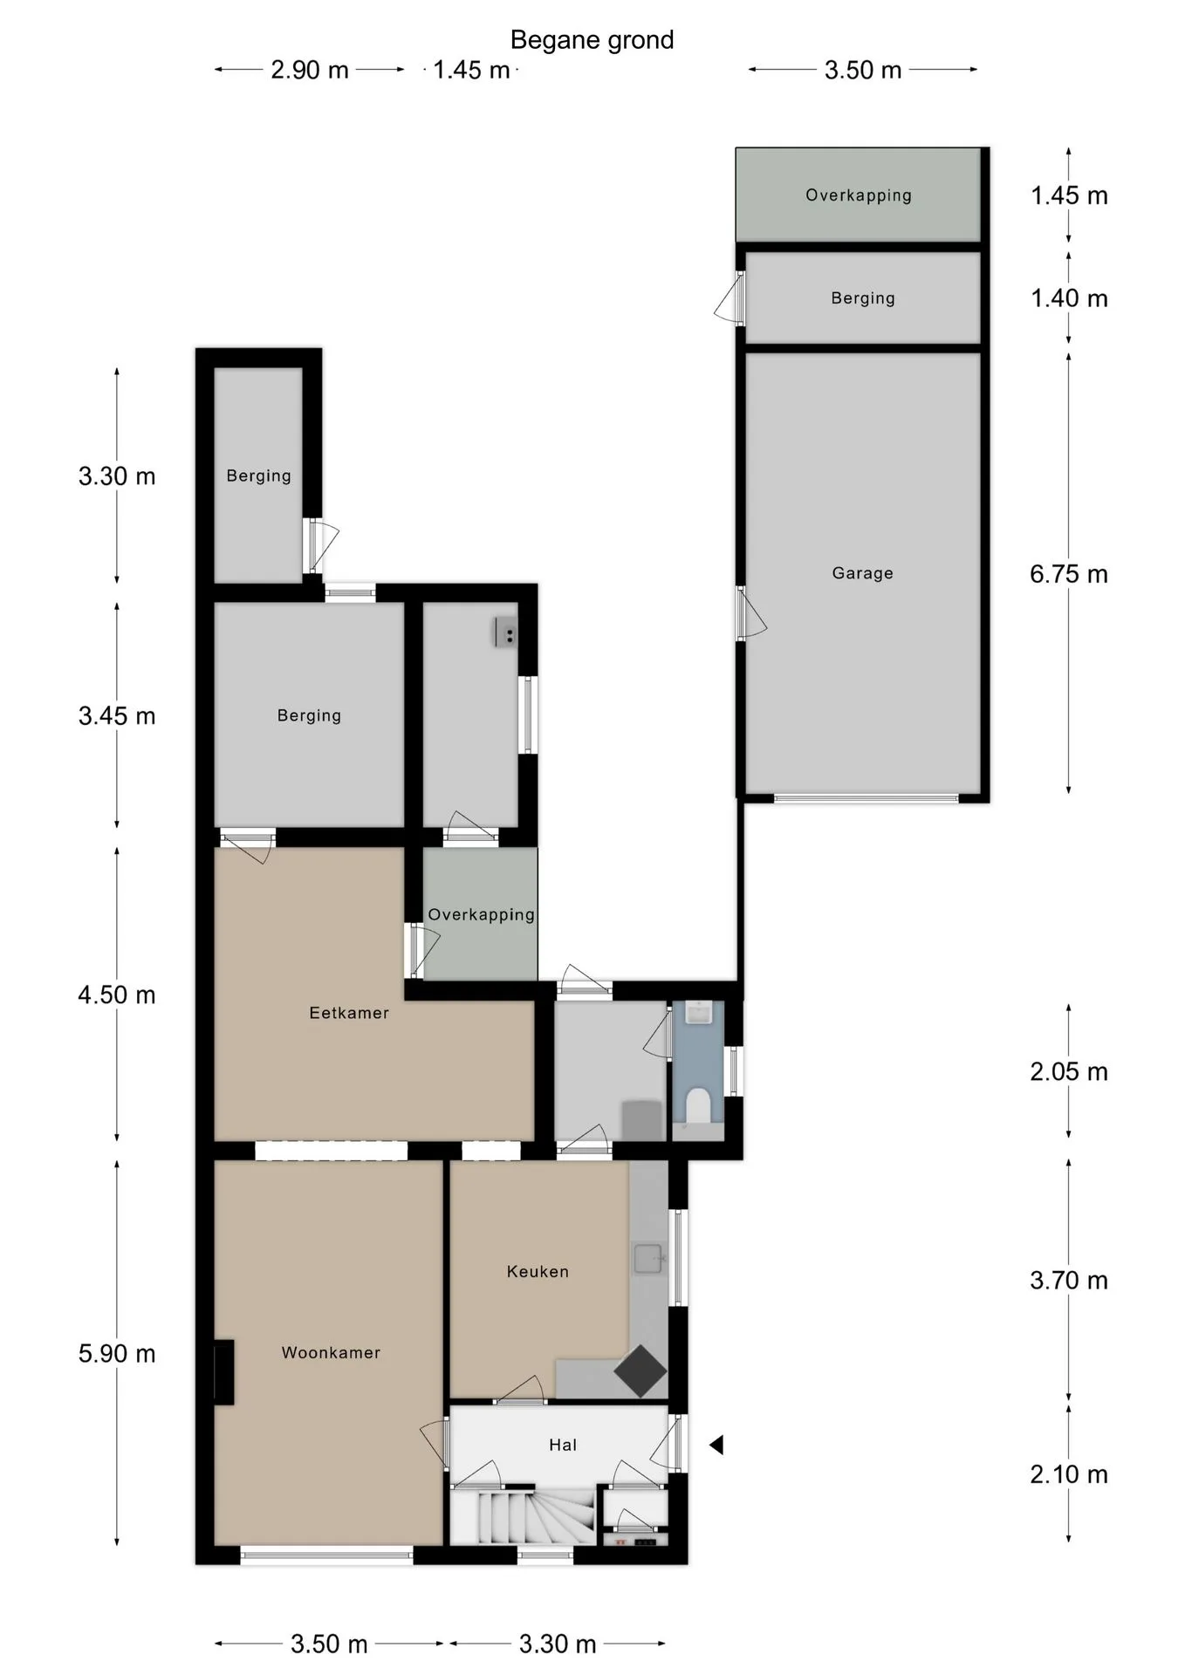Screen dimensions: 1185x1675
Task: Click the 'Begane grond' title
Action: [x=592, y=40]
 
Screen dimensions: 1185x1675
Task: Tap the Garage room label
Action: [x=862, y=573]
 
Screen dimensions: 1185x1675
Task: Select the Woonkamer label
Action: [x=331, y=1352]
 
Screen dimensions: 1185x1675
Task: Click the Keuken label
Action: [x=538, y=1271]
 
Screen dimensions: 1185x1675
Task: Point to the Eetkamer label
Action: [x=349, y=1012]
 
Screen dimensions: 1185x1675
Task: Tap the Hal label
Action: [x=563, y=1445]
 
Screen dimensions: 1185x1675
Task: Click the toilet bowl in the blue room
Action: [x=698, y=1105]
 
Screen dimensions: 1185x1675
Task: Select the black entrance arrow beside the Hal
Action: [x=716, y=1445]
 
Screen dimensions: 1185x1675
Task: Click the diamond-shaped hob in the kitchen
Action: [x=640, y=1371]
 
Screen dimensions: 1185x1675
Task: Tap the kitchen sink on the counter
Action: [x=648, y=1259]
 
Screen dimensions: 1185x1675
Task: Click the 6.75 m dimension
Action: [x=1068, y=574]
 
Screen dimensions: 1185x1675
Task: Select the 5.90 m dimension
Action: [x=117, y=1353]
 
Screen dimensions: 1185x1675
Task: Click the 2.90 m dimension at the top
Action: [x=310, y=70]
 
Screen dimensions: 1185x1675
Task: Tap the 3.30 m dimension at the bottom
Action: [x=558, y=1644]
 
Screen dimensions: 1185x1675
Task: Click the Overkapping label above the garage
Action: [x=859, y=195]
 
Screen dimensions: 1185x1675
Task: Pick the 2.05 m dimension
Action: [x=1068, y=1071]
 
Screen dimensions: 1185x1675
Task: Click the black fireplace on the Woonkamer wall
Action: [x=224, y=1372]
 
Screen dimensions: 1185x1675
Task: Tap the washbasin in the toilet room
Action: [x=699, y=1012]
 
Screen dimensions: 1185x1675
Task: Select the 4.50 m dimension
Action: [x=117, y=995]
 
